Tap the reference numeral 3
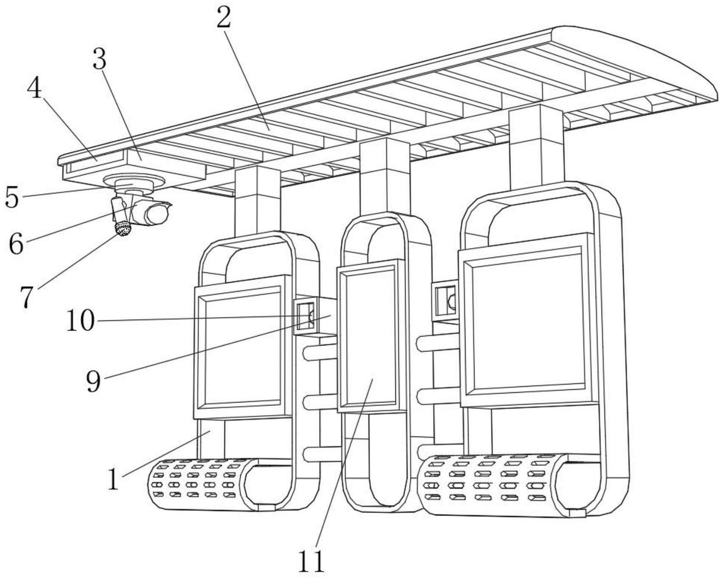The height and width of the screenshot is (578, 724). pyautogui.click(x=99, y=59)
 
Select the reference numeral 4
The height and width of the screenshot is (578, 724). pyautogui.click(x=34, y=89)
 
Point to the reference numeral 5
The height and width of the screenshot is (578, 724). pyautogui.click(x=12, y=197)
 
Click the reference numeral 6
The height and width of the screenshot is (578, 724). pyautogui.click(x=16, y=244)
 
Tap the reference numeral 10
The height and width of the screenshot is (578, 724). pyautogui.click(x=80, y=320)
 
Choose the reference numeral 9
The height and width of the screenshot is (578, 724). pyautogui.click(x=94, y=381)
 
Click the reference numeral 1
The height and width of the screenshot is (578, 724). pyautogui.click(x=113, y=479)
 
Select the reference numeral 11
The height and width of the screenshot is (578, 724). pyautogui.click(x=312, y=561)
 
